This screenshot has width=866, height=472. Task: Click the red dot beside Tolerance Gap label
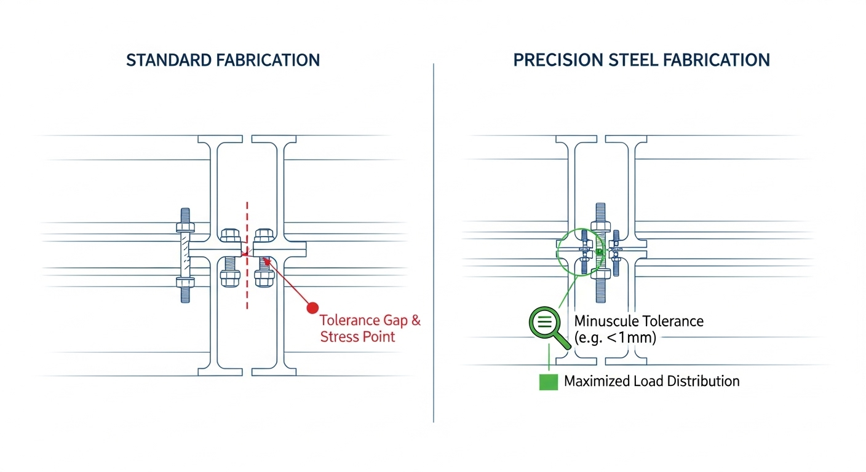(312, 307)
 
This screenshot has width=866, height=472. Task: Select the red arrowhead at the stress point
(265, 261)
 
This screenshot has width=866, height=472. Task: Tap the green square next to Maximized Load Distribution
(548, 381)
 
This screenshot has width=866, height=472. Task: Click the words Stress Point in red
(357, 337)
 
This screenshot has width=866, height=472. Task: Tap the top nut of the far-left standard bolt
(185, 227)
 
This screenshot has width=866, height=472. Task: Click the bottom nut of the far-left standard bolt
(185, 283)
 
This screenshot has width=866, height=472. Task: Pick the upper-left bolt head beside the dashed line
(229, 235)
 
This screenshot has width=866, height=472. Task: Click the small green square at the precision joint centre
(598, 252)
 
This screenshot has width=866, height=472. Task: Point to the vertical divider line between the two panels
(434, 246)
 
